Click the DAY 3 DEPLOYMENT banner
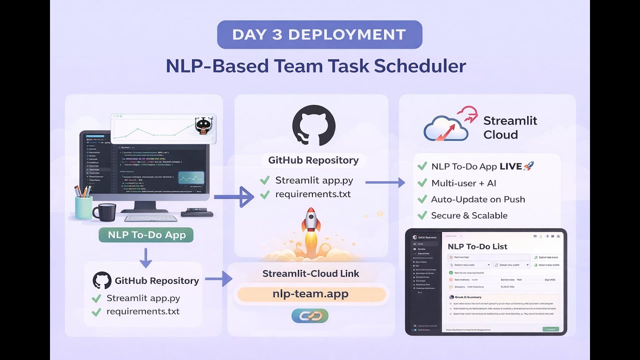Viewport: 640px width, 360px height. coord(319,34)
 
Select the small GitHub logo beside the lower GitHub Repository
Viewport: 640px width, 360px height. coord(102,280)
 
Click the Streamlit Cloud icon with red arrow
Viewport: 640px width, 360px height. coord(446,124)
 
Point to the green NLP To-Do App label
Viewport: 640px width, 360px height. coord(146,235)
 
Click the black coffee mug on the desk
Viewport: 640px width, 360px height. coord(104,212)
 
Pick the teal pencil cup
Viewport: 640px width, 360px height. coord(83,207)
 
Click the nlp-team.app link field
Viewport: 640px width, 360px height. coord(310,294)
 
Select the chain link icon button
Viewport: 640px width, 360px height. coord(310,315)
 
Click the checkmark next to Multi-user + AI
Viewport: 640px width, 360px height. coord(422,183)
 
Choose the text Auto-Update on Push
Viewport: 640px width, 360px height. coord(478,199)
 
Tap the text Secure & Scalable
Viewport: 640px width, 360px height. coord(469,215)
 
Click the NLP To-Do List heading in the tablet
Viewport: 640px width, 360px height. coord(477,246)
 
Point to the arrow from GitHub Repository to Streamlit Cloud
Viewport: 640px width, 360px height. coord(385,182)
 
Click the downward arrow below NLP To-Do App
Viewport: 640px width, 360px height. coord(145,257)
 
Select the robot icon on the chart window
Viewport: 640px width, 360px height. coord(202,126)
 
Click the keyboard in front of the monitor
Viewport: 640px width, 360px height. coord(150,218)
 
